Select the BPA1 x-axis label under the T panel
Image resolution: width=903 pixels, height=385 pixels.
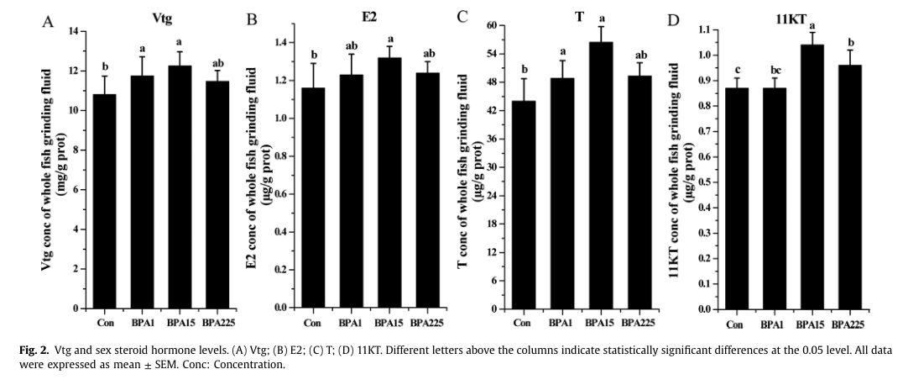(x=561, y=322)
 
